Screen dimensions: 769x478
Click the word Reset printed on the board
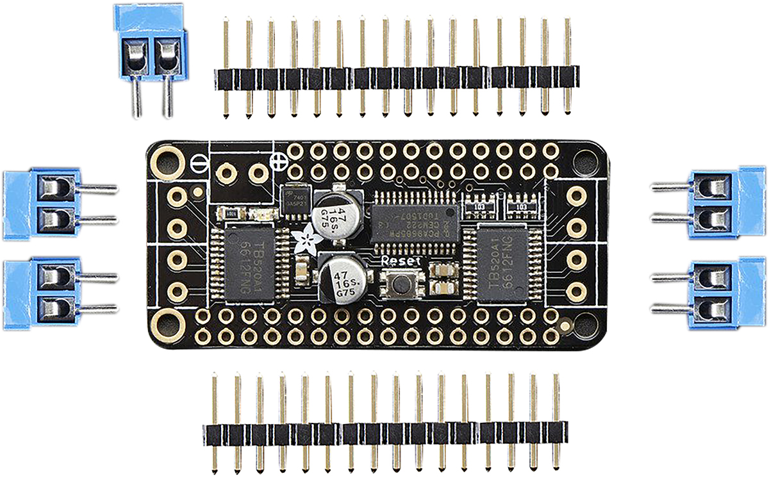401,261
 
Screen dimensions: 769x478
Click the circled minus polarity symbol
199,162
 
